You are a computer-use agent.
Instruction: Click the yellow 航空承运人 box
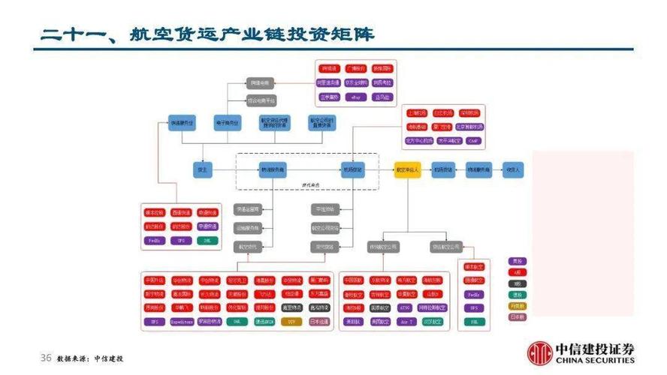(x=409, y=170)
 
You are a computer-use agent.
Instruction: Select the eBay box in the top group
(x=356, y=97)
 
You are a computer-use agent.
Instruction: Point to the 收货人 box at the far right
(x=513, y=170)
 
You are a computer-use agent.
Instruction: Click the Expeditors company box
(x=182, y=321)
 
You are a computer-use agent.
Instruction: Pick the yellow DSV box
(x=293, y=321)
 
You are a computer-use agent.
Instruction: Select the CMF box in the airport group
(x=473, y=139)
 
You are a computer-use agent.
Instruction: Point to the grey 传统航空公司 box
(x=383, y=246)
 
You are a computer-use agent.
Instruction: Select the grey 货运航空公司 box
(x=445, y=246)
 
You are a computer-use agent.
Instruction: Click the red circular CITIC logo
(x=539, y=352)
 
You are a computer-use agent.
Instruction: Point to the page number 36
(x=45, y=358)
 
